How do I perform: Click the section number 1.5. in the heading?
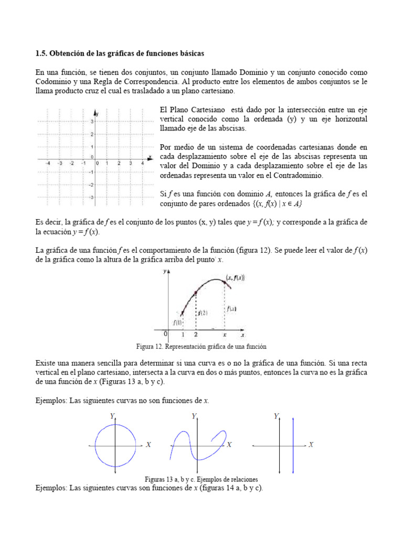click(x=41, y=53)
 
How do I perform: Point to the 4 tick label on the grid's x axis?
click(x=142, y=163)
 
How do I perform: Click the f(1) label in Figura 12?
click(x=177, y=321)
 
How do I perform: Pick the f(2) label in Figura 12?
click(x=203, y=313)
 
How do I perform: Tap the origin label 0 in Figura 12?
click(x=165, y=334)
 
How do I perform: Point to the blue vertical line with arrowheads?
click(x=293, y=446)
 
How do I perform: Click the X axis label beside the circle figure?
click(x=149, y=445)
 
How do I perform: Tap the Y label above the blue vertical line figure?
click(x=276, y=416)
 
